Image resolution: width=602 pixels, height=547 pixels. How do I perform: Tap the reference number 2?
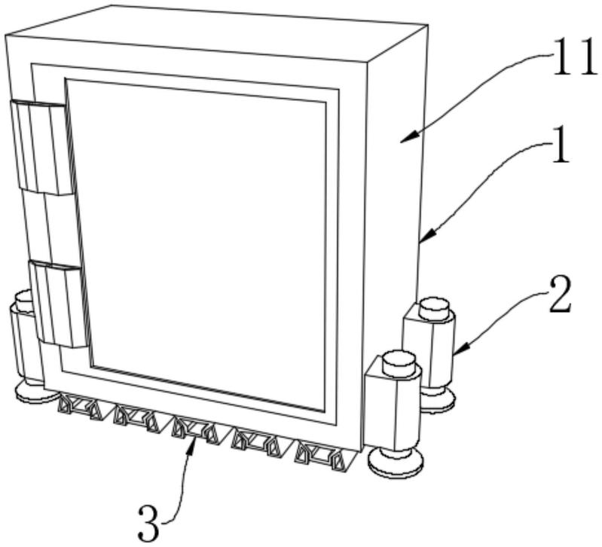pos(559,296)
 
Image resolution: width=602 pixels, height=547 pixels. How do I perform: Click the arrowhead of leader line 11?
pos(402,139)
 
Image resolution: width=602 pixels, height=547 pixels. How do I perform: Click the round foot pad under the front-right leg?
pos(396,460)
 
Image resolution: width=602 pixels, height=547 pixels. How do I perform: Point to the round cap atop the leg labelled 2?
pos(434,308)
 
